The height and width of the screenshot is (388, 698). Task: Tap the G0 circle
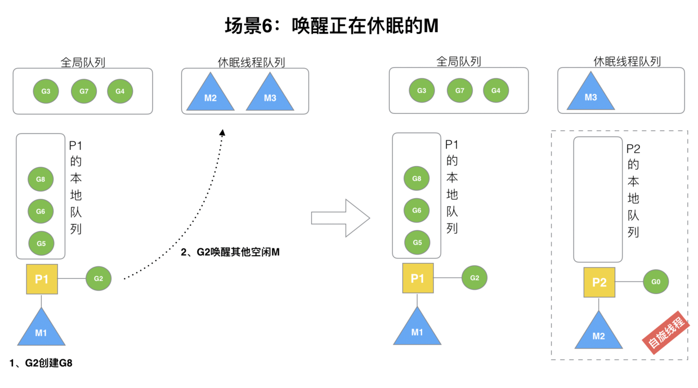656,282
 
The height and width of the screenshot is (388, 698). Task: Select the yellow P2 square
599,282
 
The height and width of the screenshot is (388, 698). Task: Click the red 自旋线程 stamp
666,332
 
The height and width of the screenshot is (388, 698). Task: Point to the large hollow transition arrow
341,218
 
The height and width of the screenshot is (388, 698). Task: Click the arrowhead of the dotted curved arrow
222,133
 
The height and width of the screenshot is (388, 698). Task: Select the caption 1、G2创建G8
41,363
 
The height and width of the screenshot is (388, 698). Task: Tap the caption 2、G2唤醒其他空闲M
230,252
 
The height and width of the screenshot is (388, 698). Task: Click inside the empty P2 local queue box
598,199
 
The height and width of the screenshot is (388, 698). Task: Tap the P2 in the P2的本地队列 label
633,149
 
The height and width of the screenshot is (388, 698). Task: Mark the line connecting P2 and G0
629,282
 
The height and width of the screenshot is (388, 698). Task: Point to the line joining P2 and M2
599,304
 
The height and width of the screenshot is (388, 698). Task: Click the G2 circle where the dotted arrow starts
99,278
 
